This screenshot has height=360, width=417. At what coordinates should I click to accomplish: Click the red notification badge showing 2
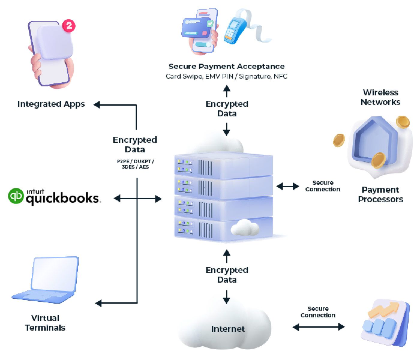click(x=69, y=26)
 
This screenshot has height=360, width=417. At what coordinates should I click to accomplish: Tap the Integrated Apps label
click(x=51, y=104)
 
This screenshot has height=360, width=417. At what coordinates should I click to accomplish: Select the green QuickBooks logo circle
click(x=16, y=196)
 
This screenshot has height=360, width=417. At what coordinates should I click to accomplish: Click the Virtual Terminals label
click(x=45, y=323)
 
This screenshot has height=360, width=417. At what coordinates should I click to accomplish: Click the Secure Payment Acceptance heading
click(x=226, y=66)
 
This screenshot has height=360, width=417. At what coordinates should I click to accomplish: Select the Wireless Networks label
click(x=380, y=97)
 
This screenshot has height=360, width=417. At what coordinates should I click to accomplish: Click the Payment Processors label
click(x=380, y=194)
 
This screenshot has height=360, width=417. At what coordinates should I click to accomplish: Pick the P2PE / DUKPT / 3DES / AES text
click(x=135, y=164)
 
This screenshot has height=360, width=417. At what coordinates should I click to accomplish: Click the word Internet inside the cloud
click(x=228, y=329)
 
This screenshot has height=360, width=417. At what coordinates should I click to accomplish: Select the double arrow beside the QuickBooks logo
click(x=138, y=198)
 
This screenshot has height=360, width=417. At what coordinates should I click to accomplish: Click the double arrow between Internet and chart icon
click(x=318, y=327)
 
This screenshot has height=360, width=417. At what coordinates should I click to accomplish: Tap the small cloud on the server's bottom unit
click(x=245, y=228)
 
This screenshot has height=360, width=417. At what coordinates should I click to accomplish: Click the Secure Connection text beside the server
click(x=322, y=186)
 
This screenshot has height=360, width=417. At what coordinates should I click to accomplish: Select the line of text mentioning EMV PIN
click(x=226, y=76)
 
